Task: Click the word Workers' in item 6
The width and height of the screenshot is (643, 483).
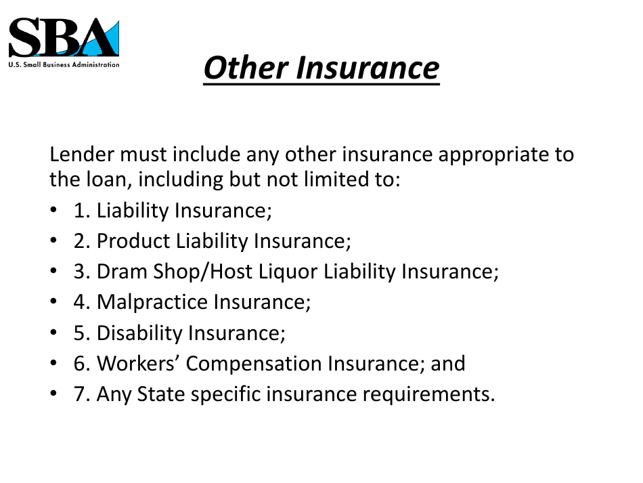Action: [139, 364]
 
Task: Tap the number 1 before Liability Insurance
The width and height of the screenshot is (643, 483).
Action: [80, 211]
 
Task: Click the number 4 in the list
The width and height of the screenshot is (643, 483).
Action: [80, 302]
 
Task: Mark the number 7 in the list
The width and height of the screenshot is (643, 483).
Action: [80, 394]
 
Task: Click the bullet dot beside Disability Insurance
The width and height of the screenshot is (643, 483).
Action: [53, 334]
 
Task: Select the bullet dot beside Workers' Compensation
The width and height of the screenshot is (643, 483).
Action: [53, 364]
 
